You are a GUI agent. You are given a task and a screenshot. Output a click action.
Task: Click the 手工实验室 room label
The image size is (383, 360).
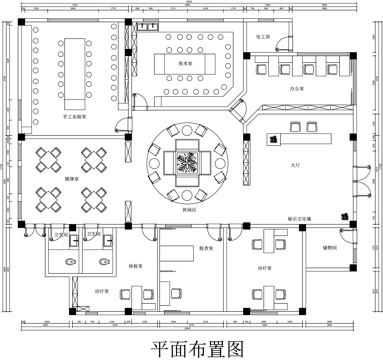pyautogui.click(x=75, y=117)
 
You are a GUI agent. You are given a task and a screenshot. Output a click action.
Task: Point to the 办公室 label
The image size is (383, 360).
pyautogui.click(x=296, y=89)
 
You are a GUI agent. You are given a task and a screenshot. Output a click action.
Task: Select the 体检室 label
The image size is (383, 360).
pyautogui.click(x=134, y=265)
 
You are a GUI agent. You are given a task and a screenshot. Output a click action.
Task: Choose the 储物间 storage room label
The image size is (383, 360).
pyautogui.click(x=329, y=247)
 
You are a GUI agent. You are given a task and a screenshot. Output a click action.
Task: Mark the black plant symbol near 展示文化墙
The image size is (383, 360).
pyautogui.click(x=344, y=213)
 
